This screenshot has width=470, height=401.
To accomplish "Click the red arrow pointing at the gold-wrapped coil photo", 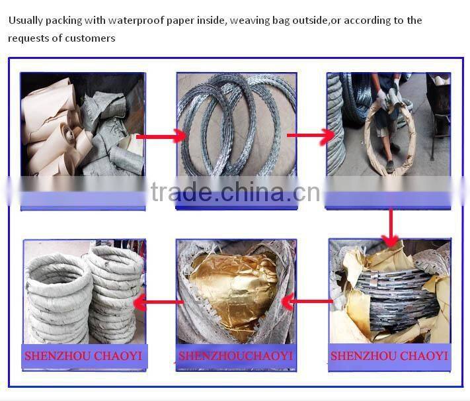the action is pos(305,302).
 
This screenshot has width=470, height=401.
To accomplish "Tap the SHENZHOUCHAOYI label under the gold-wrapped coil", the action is pos(235,356).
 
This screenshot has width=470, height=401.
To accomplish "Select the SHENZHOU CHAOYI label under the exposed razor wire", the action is pos(389,356).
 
